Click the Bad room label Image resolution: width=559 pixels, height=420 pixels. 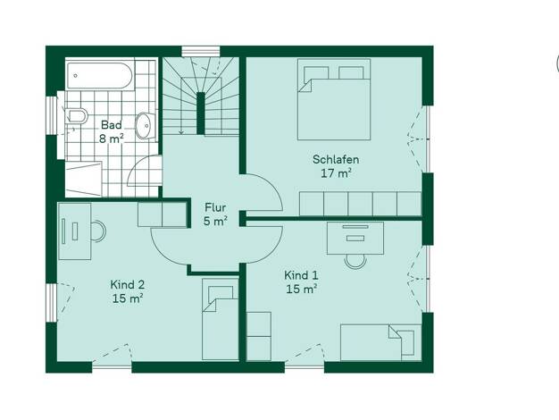112,125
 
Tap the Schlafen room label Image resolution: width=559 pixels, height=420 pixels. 336,159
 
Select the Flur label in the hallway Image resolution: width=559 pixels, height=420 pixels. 215,207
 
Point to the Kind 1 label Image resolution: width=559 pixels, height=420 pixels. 301,275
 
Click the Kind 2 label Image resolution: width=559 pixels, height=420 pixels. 128,284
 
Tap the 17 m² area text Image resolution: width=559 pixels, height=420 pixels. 336,173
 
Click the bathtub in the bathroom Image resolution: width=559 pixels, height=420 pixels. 99,76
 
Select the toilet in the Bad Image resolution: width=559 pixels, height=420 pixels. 76,115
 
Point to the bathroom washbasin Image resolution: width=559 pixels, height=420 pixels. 145,126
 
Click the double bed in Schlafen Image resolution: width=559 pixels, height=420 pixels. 334,99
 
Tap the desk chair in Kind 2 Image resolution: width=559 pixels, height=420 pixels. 99,231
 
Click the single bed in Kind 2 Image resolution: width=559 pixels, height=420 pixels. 221,319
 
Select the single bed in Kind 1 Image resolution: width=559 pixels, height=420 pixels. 380,342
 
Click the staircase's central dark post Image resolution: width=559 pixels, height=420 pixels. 201,113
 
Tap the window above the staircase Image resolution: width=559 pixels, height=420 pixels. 201,52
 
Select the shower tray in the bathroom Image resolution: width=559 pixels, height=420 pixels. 84,179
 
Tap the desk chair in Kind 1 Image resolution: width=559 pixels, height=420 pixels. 355,261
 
